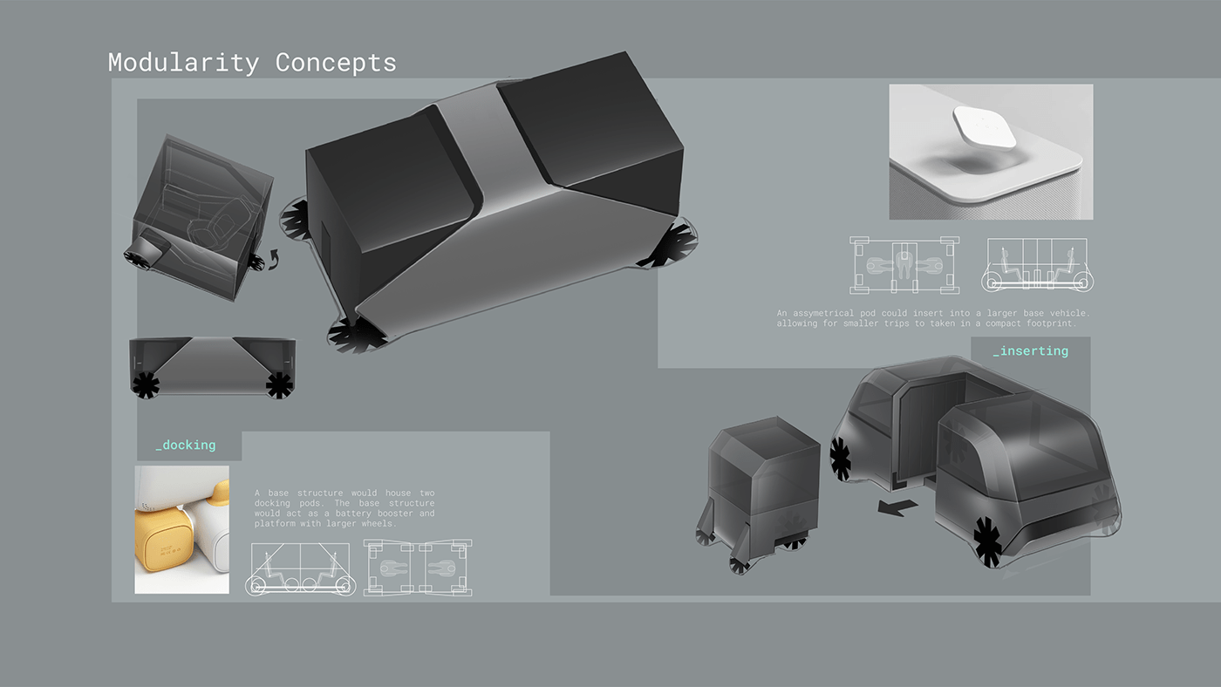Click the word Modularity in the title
tap(183, 63)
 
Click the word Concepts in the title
tap(336, 63)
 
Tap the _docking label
tap(186, 446)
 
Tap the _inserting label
tap(1030, 351)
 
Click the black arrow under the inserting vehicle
tap(892, 507)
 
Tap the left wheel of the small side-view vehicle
tap(145, 384)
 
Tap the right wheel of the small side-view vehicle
tap(278, 384)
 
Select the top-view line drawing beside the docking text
tap(419, 568)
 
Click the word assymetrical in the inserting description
tap(836, 313)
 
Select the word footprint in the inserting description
tap(1045, 323)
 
